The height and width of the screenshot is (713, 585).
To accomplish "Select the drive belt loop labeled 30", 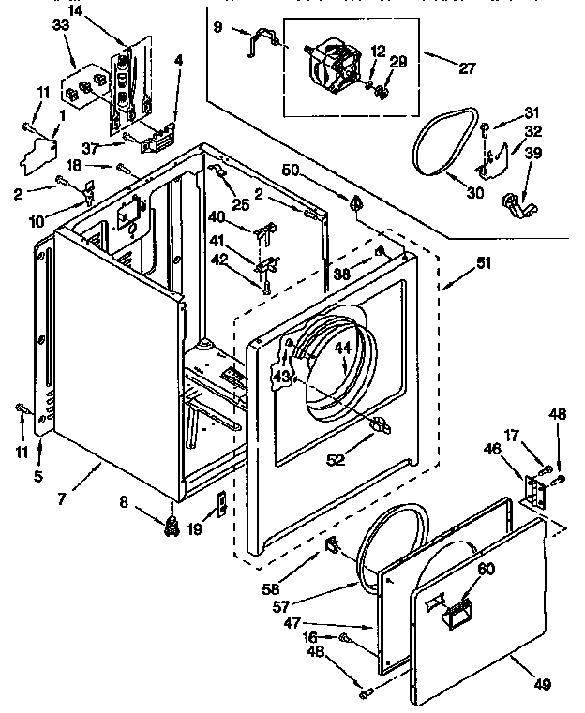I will (x=441, y=143).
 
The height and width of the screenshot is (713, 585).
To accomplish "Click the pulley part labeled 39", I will (x=515, y=201).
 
